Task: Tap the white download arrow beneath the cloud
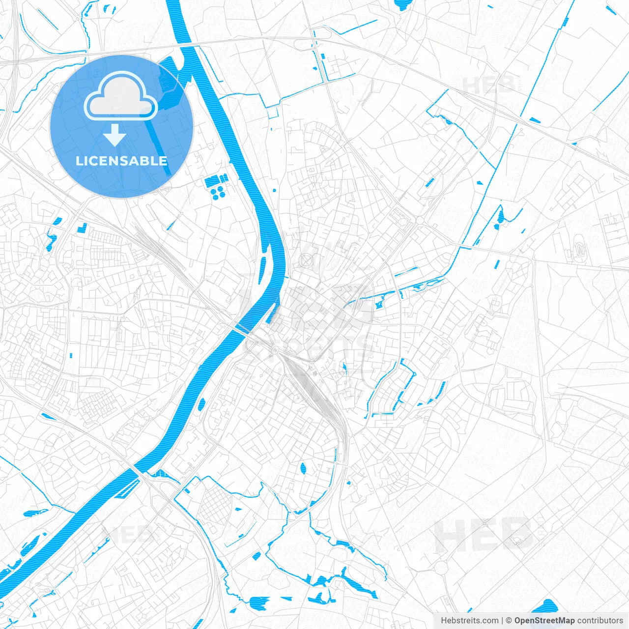click(115, 135)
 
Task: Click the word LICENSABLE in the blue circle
click(121, 161)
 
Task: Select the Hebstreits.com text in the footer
click(469, 621)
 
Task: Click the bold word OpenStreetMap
click(544, 621)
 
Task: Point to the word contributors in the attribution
click(600, 621)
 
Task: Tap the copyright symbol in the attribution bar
click(509, 621)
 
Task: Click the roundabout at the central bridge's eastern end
click(275, 349)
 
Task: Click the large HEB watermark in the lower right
click(484, 534)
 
